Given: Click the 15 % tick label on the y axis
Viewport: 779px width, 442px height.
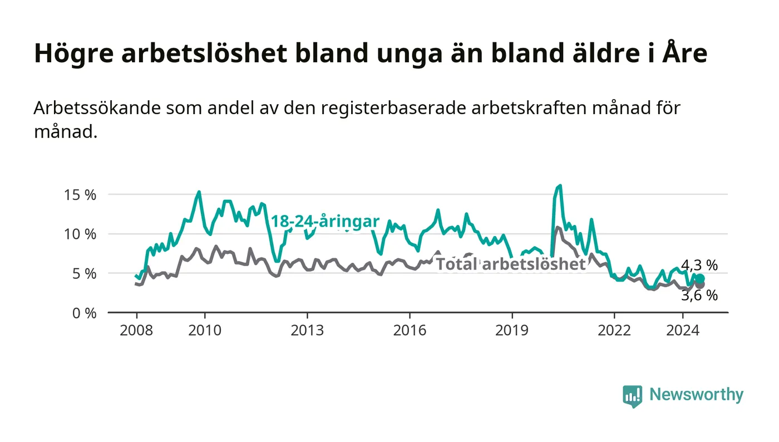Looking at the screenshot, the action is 80,195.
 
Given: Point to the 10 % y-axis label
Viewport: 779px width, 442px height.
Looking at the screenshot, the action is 80,234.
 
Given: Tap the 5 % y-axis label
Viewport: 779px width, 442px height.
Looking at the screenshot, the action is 84,274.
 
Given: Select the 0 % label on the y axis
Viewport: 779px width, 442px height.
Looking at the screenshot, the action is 84,313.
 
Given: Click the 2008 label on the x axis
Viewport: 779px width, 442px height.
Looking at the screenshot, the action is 136,330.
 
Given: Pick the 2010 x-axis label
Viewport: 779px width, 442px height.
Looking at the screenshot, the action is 205,330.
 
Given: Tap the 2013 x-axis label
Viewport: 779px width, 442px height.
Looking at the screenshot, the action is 307,330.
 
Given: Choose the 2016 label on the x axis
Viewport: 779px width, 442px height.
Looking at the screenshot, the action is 410,330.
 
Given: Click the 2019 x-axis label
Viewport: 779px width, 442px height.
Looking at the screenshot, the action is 512,330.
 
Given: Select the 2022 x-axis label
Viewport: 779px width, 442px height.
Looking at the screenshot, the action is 614,330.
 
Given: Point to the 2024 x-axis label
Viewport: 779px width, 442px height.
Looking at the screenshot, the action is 683,330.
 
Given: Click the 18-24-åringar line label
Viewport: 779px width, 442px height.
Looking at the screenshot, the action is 325,222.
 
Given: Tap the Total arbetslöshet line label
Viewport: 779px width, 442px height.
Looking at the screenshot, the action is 511,264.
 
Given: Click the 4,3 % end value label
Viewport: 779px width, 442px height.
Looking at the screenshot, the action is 699,265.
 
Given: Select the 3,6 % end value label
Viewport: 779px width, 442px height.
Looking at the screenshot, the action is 699,296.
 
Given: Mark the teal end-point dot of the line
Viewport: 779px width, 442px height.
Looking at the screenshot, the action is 700,278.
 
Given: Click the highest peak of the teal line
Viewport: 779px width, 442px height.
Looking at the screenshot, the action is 560,185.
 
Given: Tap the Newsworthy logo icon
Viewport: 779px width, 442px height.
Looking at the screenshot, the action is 632,396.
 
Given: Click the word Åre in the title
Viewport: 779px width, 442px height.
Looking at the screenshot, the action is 684,53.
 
